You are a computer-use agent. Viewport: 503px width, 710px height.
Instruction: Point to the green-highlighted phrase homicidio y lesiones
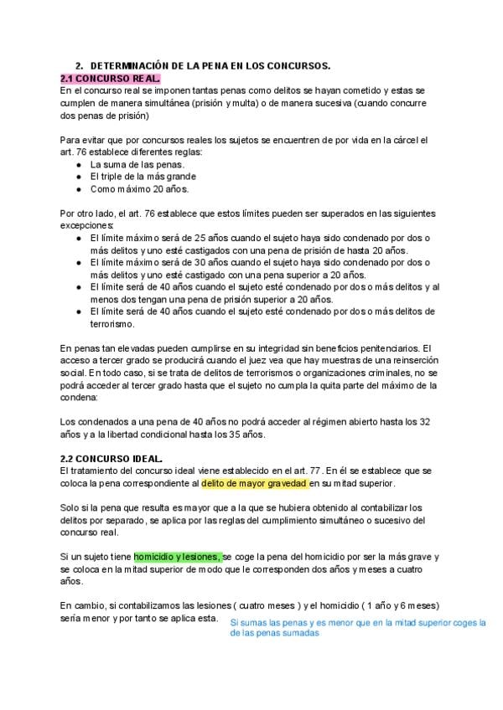click(x=177, y=557)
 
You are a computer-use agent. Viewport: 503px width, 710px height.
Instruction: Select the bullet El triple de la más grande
click(x=143, y=177)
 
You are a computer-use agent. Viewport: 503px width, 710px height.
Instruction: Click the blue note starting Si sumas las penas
click(x=358, y=628)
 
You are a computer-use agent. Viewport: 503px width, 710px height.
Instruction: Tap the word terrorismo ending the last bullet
click(x=112, y=323)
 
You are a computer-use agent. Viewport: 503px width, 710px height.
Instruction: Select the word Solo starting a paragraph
click(x=71, y=508)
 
